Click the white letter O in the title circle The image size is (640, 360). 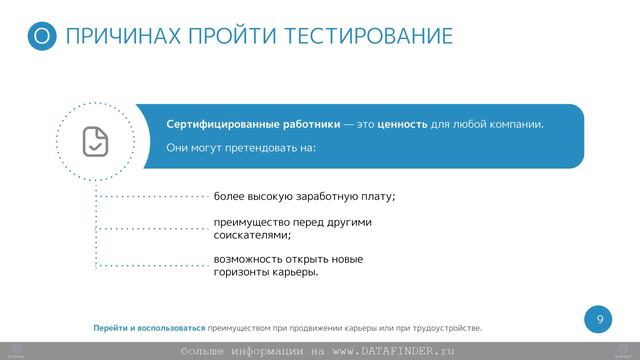(x=41, y=38)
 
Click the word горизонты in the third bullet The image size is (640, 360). (x=242, y=273)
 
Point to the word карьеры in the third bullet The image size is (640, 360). (x=297, y=273)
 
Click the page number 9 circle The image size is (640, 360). (x=599, y=319)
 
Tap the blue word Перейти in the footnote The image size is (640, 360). (x=110, y=328)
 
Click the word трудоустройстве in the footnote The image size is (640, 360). (x=444, y=328)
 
